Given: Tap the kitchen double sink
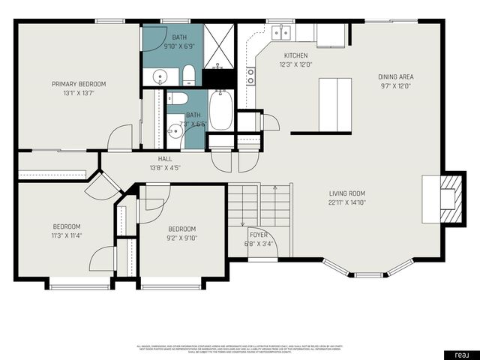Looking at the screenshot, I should tap(283, 31).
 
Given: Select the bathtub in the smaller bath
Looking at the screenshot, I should tap(220, 111).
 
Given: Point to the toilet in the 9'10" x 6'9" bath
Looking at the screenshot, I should tap(189, 75).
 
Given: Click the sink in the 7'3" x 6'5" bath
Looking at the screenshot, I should tap(174, 131).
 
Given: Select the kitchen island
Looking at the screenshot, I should tap(334, 104).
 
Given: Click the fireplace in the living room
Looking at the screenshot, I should tap(446, 198).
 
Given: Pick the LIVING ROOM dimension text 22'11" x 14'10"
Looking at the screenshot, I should tap(346, 202).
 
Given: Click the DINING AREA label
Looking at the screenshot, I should tap(395, 76).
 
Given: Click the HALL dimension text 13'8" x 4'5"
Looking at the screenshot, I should tap(164, 167).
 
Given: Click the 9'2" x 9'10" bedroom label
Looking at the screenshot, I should tap(181, 229).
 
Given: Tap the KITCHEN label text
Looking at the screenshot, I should tap(295, 55).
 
